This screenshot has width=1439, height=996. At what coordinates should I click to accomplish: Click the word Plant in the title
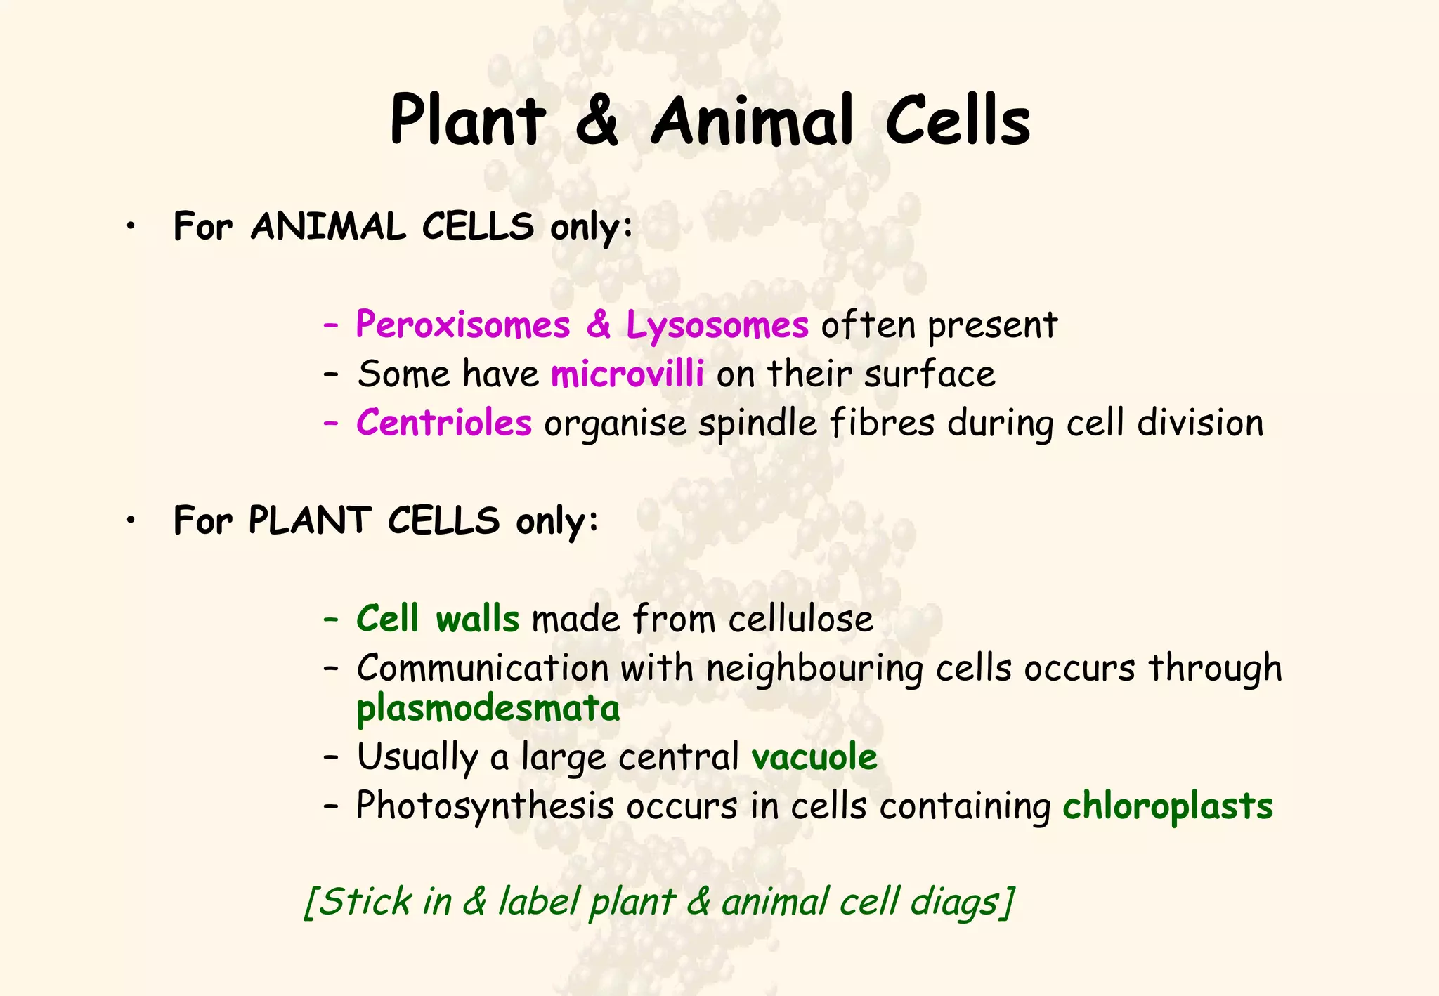click(467, 121)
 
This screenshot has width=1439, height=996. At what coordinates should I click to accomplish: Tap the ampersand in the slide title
click(597, 121)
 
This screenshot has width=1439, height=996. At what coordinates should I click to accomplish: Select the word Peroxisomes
click(462, 325)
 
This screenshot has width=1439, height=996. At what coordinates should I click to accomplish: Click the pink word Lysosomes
click(717, 325)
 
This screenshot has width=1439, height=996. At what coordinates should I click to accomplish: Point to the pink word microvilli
click(627, 374)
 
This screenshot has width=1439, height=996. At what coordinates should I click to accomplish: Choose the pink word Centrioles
click(443, 423)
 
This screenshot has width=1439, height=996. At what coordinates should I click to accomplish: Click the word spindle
click(757, 423)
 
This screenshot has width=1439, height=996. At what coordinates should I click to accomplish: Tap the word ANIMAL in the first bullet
click(328, 227)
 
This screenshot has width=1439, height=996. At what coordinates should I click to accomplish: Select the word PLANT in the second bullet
click(309, 521)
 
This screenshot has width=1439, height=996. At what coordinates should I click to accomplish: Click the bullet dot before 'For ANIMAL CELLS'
click(131, 227)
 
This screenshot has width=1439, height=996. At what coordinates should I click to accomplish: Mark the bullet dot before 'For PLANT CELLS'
click(131, 521)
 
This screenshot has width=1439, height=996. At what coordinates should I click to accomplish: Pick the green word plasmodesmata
click(488, 709)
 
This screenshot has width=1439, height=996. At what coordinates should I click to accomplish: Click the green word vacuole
click(814, 757)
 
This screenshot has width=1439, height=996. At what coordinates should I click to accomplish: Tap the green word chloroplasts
click(1167, 806)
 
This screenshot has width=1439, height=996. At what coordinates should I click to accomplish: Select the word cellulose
click(800, 620)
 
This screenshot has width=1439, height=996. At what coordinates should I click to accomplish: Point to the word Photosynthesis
click(485, 806)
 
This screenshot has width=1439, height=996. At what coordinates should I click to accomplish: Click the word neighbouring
click(814, 668)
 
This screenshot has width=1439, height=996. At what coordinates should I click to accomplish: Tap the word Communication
click(483, 668)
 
